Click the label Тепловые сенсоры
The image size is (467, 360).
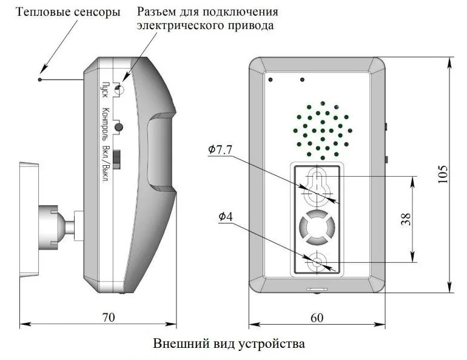point(68,12)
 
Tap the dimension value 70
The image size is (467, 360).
point(108,318)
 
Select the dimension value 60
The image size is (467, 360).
point(317,318)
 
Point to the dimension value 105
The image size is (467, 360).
point(443,174)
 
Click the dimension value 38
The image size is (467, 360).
point(406,219)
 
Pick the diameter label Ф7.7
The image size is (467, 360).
point(220,149)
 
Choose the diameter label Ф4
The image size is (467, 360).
point(226,216)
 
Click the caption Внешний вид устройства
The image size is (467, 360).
point(229,344)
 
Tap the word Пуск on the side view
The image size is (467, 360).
point(105,90)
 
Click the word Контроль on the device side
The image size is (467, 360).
point(105,124)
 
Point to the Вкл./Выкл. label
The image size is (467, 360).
point(105,164)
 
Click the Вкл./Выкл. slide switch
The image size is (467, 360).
point(117,160)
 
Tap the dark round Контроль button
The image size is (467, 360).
point(119,127)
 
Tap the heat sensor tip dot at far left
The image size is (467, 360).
point(40,80)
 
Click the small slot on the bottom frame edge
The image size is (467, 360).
point(317,289)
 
